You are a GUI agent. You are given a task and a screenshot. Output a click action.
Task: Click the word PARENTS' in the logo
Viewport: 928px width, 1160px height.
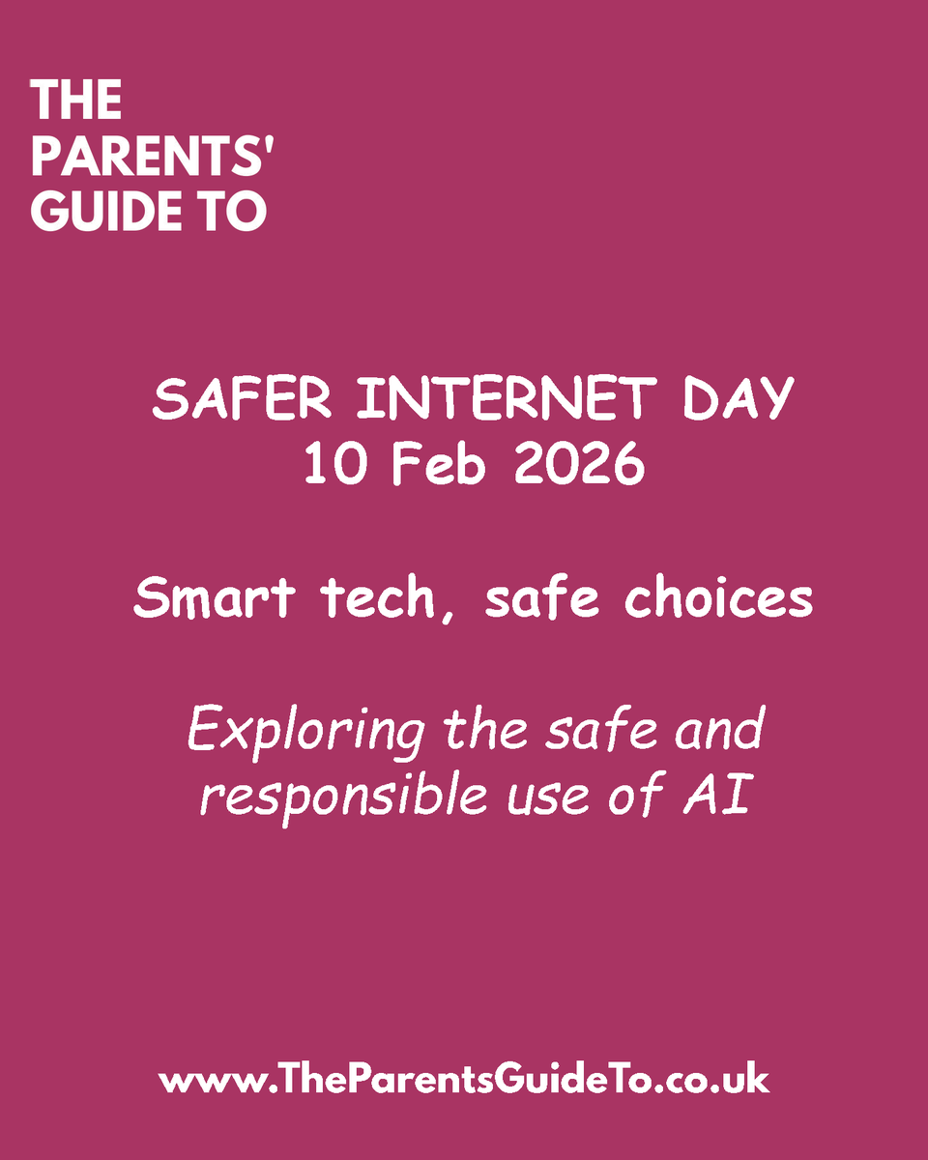pos(151,158)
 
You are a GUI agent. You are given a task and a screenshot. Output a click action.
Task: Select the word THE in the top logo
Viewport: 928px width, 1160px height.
pos(76,101)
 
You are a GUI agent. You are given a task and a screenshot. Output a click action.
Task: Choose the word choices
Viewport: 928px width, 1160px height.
pos(717,599)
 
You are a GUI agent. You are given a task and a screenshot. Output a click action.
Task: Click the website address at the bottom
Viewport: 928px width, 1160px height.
pos(464,1079)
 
